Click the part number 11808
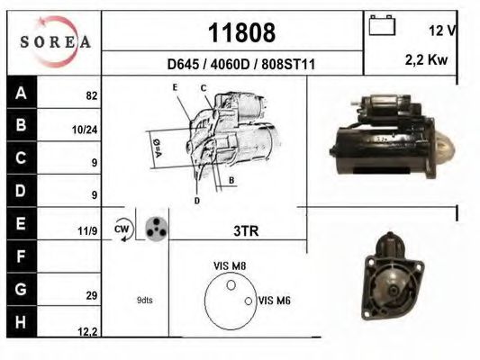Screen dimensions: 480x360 (241, 32)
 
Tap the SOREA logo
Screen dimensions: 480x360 (56, 41)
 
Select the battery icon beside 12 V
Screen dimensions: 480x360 (382, 25)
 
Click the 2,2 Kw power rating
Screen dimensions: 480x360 (426, 60)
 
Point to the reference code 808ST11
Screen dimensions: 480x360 (288, 65)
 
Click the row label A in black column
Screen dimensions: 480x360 (21, 93)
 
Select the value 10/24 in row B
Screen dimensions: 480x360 (85, 130)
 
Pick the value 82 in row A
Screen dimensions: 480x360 (92, 96)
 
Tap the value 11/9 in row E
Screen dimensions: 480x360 (87, 231)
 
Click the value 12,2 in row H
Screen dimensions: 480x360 (87, 332)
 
